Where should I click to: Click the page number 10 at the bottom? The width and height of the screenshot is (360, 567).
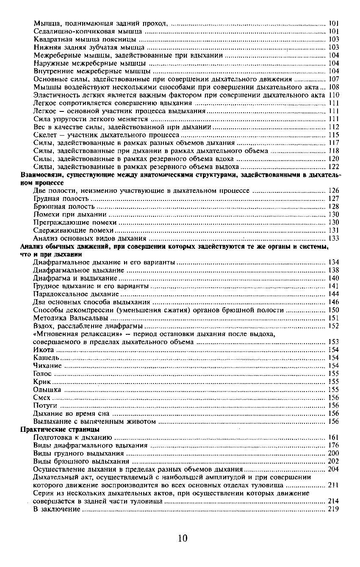coord(183,538)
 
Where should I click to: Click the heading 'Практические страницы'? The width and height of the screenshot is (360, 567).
coord(60,429)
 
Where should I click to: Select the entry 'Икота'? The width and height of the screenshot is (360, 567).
coord(43,350)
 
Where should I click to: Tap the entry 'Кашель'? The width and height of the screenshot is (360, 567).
coord(46,358)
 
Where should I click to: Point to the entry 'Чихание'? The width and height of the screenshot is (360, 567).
coord(47,366)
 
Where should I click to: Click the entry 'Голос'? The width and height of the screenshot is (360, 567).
coord(42,374)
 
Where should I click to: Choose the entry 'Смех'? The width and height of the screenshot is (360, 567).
coord(42,397)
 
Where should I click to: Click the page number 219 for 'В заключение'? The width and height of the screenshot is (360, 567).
coord(333,509)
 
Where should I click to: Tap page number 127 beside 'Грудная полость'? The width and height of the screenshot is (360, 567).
coord(333,198)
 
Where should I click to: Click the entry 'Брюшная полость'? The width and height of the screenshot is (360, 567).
coord(64,206)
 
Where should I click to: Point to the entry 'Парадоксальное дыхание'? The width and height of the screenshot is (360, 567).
coord(76,294)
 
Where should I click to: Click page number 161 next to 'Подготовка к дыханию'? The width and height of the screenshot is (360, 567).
coord(333,437)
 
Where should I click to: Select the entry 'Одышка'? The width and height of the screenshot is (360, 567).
coord(47,389)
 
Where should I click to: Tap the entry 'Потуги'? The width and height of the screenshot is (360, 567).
coord(45,406)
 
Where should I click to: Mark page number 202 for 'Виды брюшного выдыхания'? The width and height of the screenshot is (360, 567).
coord(333,461)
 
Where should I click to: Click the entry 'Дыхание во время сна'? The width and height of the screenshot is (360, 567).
coord(71,414)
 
